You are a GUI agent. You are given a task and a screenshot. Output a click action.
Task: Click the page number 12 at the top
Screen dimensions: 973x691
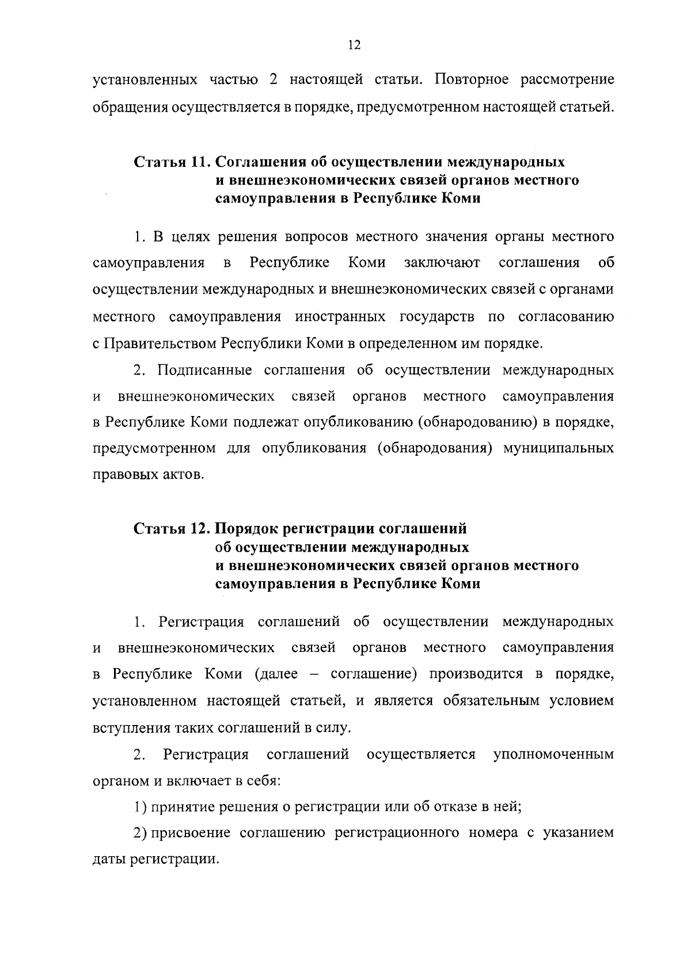pos(354,45)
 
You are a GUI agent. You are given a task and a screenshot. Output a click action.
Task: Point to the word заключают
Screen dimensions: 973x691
pos(442,263)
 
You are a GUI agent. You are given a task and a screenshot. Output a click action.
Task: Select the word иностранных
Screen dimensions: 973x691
pos(340,317)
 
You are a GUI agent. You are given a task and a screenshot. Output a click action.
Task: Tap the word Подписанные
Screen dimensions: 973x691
pos(204,369)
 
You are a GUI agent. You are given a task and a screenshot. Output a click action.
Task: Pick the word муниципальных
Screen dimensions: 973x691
pos(559,448)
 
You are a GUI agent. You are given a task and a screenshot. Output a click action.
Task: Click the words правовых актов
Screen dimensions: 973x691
pos(149,475)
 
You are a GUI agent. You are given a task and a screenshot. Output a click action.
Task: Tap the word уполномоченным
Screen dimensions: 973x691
pos(553,754)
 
